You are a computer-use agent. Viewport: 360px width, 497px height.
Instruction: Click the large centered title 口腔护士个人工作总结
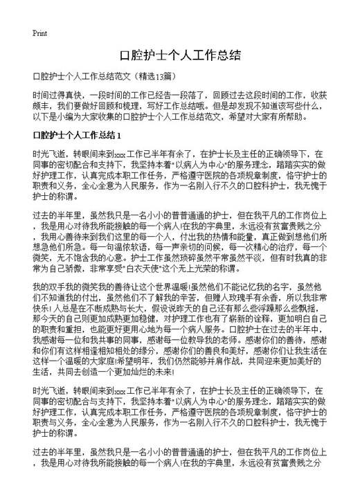tap(179, 55)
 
